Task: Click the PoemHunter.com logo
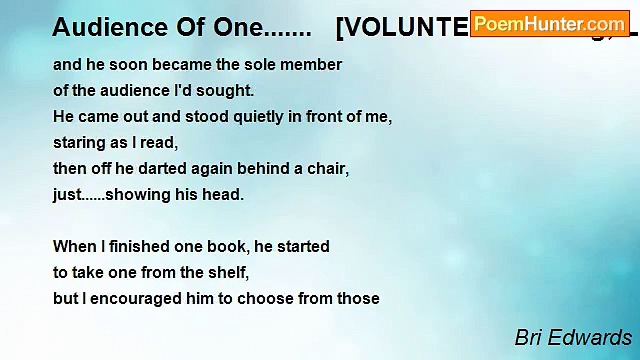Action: [549, 23]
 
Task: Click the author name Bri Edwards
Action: [573, 338]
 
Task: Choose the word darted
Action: [159, 169]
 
